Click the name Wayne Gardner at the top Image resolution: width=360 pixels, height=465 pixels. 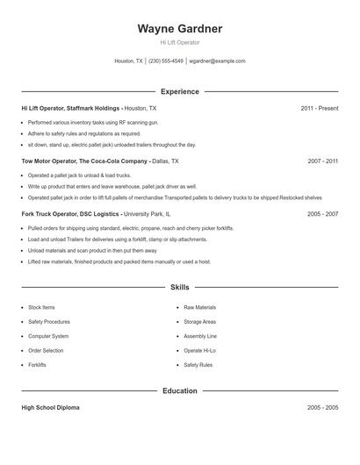[179, 29]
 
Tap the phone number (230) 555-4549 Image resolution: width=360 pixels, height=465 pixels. [166, 61]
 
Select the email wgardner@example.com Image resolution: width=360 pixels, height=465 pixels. [218, 61]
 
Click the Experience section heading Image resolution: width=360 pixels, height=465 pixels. [179, 91]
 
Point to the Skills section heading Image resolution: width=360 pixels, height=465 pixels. [179, 287]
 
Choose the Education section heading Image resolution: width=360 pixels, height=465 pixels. [179, 390]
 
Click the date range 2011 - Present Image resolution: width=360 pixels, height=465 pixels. [319, 108]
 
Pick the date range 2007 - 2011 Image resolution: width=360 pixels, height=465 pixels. [323, 161]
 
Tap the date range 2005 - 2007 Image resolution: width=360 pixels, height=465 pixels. [323, 213]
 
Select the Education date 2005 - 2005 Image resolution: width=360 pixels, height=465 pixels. [323, 408]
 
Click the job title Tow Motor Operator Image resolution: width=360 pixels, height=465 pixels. [48, 161]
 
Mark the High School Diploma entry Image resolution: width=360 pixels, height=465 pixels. [52, 408]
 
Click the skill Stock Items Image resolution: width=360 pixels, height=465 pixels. [41, 308]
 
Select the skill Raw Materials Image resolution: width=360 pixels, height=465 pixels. [199, 308]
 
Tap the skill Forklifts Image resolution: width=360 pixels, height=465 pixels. [37, 364]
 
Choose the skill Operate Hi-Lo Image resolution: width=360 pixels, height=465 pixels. [199, 350]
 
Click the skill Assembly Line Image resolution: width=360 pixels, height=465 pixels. [200, 336]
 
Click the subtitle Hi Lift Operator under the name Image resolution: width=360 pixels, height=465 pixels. [179, 42]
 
